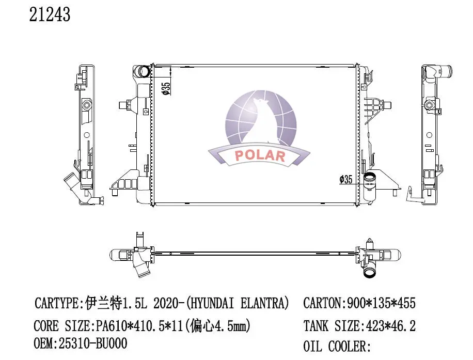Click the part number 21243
click(50, 15)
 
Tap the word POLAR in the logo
click(260, 155)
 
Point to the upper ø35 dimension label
click(166, 88)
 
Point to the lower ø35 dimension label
click(345, 179)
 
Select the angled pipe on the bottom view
click(141, 268)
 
